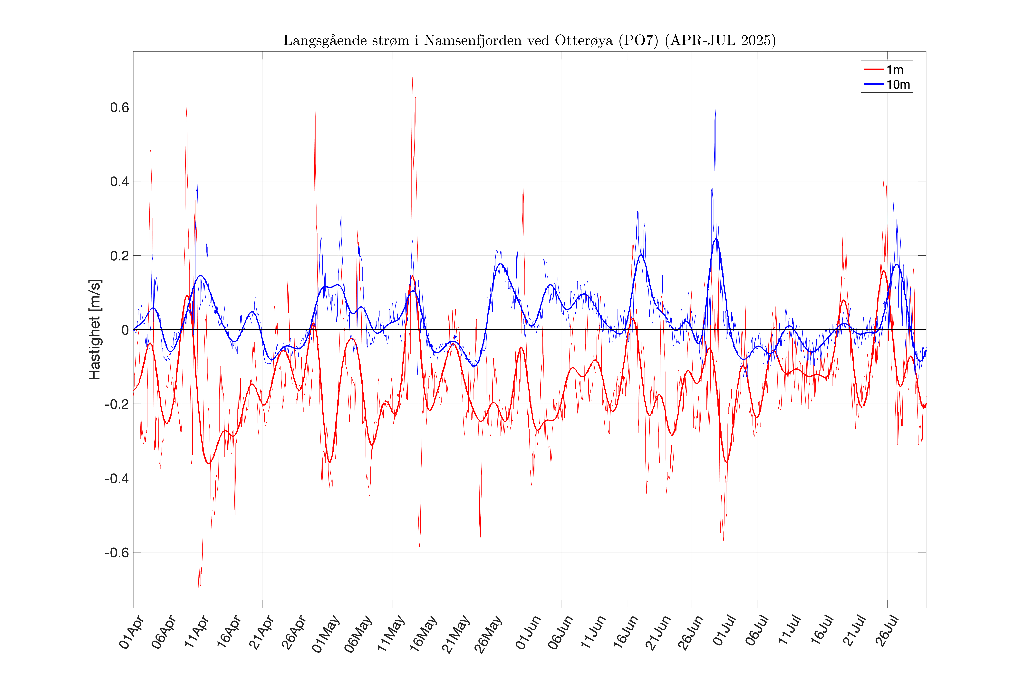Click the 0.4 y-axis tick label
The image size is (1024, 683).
click(119, 182)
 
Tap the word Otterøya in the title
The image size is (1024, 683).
click(583, 40)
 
